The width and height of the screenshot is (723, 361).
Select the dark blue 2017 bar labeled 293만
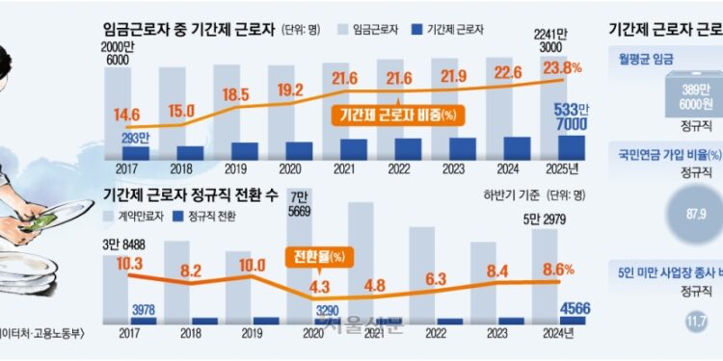[135, 152]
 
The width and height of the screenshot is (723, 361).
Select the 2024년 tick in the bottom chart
[559, 333]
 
